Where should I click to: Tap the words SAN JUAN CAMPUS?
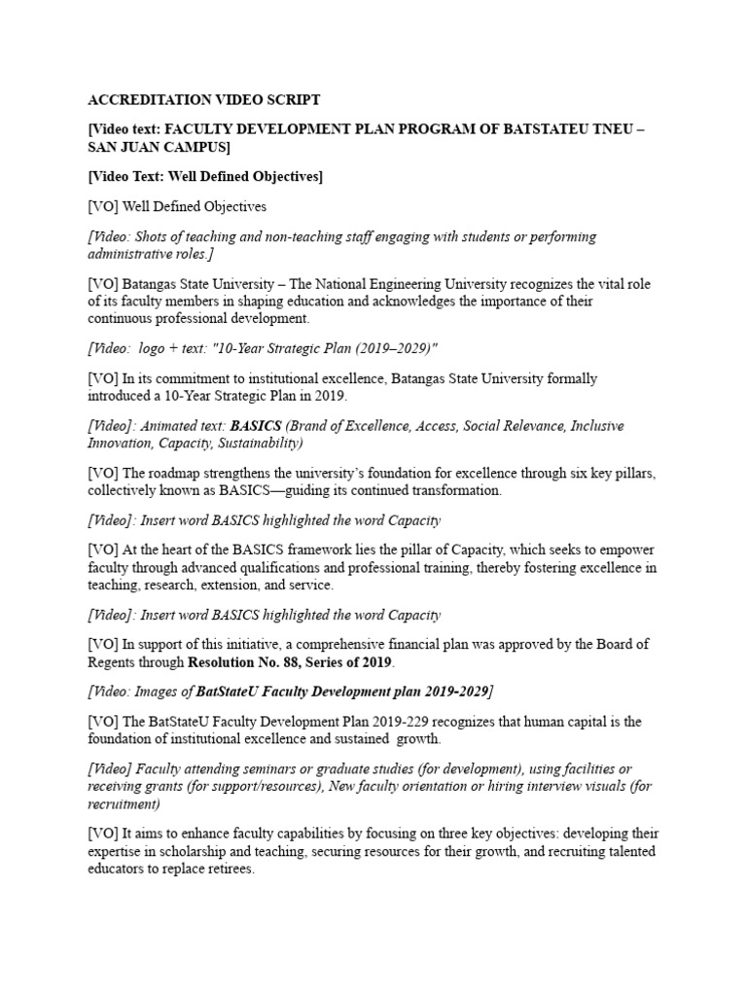click(160, 147)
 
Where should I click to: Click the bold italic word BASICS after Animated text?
click(255, 426)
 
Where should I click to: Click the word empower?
click(628, 549)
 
